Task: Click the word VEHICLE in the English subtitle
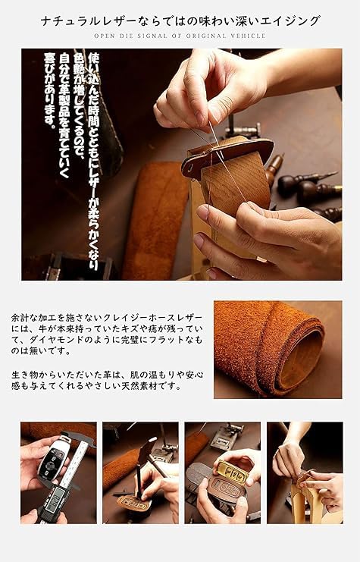tap(249, 36)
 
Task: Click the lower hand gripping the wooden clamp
tap(265, 239)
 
